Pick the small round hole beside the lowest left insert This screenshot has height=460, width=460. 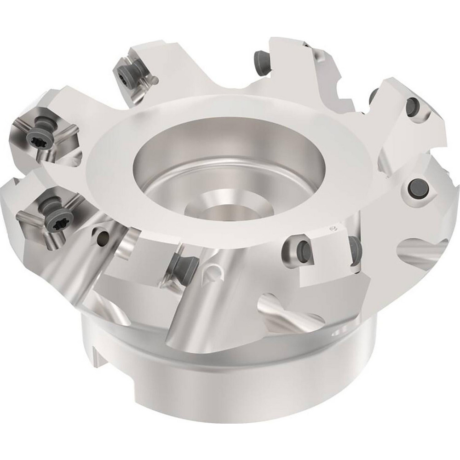point(103,237)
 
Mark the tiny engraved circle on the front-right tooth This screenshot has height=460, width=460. point(334,228)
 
